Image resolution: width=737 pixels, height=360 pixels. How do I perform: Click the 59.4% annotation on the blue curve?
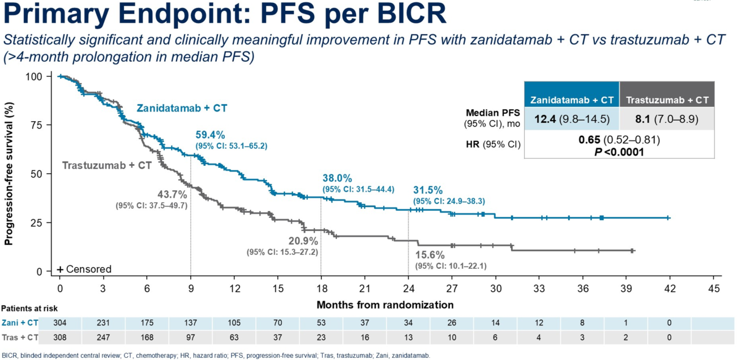pos(211,135)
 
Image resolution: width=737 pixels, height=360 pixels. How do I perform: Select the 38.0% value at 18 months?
pos(337,178)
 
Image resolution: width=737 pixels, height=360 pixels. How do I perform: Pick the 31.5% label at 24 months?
pos(427,190)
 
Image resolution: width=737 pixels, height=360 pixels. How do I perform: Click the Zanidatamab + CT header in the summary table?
pos(572,100)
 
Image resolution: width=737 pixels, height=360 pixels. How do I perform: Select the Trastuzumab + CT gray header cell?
pos(666,100)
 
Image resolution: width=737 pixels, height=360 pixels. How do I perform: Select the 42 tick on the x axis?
pos(670,288)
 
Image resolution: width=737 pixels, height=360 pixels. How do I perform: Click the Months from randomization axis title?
pos(385,305)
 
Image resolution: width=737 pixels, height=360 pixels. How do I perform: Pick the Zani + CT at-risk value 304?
pos(59,323)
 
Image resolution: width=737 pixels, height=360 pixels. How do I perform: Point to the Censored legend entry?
pos(84,269)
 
